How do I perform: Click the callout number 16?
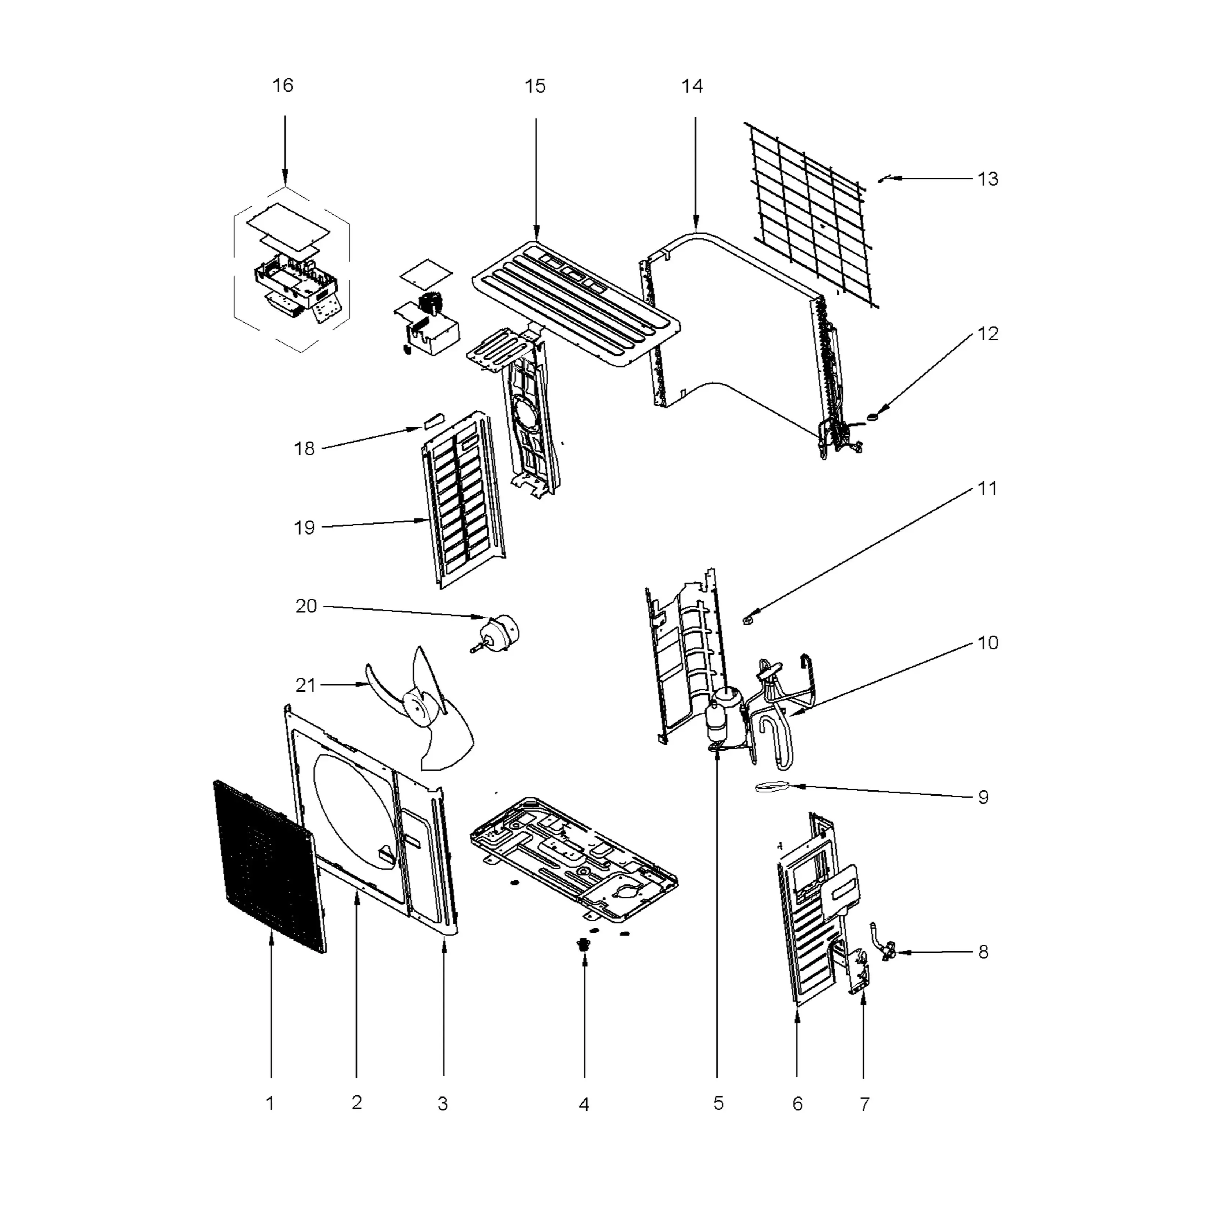coord(283,85)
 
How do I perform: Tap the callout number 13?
coord(987,179)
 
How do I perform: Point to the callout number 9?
coord(983,797)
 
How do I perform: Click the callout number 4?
coord(584,1105)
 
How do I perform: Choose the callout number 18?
coord(304,449)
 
